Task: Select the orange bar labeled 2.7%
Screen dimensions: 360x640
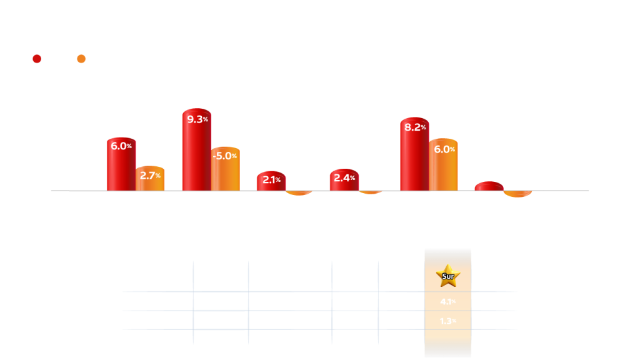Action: pos(150,178)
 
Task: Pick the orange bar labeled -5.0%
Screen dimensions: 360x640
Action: pos(225,169)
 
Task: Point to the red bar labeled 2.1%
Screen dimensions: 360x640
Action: pos(270,181)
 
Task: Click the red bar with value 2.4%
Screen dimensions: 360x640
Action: pos(344,179)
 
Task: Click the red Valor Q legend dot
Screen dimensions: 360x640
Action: pos(37,59)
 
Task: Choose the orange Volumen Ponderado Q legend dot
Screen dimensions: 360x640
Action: pos(81,59)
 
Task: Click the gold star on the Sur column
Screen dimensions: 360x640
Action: pos(447,276)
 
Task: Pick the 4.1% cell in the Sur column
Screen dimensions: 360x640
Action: pos(447,301)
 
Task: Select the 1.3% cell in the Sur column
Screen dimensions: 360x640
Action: pos(447,321)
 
